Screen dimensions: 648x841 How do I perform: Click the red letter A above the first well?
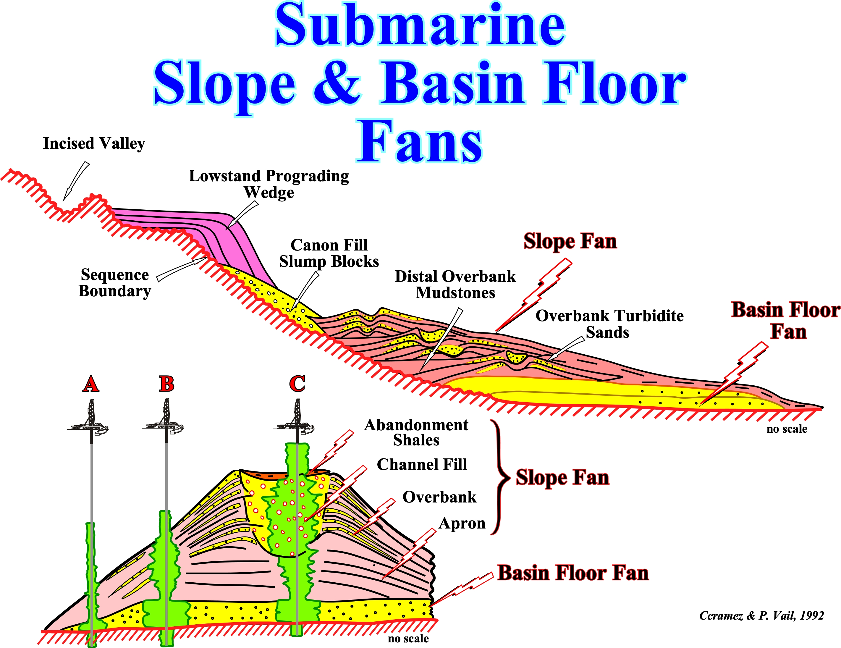90,384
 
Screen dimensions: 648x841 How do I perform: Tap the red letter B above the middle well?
166,384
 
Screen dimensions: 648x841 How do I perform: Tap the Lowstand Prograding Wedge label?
269,184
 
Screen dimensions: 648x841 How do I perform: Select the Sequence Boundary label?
114,283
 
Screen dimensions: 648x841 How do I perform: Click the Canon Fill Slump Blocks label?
329,253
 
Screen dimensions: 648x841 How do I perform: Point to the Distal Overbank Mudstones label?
455,285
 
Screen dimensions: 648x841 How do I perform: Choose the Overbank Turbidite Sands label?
609,324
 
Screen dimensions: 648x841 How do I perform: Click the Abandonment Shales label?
416,432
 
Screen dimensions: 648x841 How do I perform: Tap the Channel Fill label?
422,464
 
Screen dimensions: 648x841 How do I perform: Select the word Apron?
462,523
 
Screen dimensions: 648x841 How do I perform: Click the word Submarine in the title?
420,25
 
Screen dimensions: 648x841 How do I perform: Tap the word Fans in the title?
420,142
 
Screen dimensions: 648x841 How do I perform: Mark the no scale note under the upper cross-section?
787,429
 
